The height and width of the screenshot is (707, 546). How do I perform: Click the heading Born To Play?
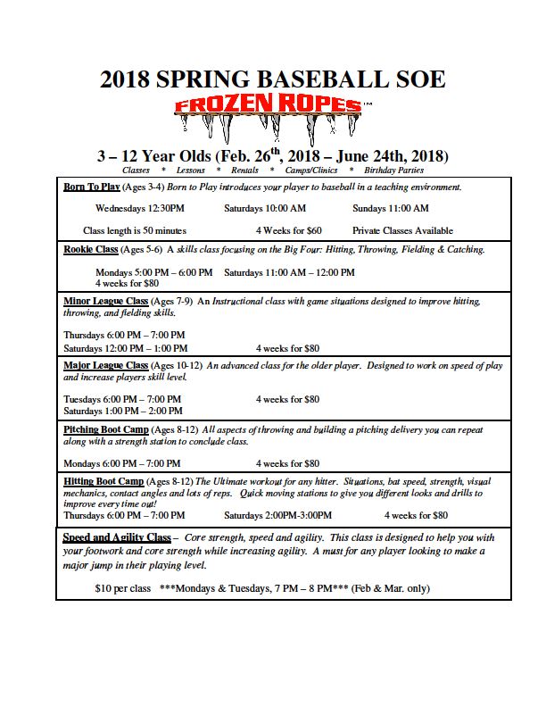tap(92, 187)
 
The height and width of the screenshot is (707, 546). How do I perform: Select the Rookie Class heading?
tap(91, 250)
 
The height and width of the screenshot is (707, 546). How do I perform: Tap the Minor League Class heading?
tap(106, 302)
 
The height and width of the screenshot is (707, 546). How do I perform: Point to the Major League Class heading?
tap(106, 365)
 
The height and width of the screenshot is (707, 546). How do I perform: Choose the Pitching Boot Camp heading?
tap(112, 429)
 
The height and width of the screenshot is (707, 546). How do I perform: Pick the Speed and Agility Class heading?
tap(116, 538)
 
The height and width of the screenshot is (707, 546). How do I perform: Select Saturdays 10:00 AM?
tap(265, 209)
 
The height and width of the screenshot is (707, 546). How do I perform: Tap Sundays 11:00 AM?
tap(390, 209)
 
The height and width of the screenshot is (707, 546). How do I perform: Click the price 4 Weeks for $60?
tap(288, 230)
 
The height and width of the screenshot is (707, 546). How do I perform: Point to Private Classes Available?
tap(402, 230)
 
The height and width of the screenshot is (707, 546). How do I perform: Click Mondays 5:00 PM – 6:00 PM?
tap(153, 272)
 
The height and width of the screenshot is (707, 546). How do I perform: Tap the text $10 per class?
tap(123, 588)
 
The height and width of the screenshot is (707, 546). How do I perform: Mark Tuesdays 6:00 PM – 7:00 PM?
tap(122, 399)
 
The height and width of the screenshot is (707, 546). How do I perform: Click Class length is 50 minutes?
tap(134, 230)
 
